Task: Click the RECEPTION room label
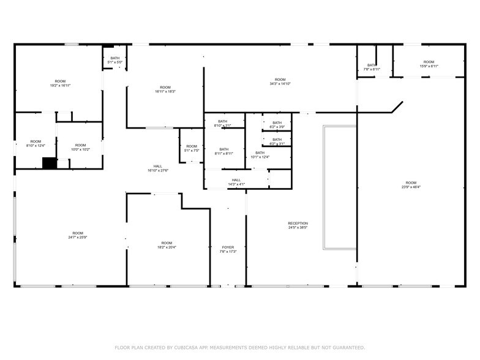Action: pos(298,223)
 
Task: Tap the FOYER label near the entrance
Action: pos(228,248)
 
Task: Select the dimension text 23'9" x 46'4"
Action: pos(410,187)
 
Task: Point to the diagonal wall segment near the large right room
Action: pos(394,107)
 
